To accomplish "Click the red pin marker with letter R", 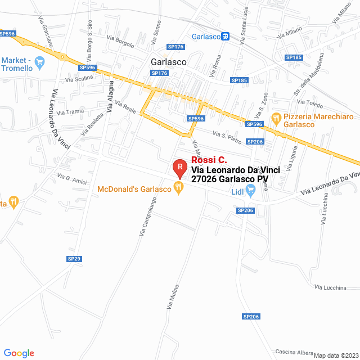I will coord(179,168).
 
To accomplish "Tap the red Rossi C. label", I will coord(209,160).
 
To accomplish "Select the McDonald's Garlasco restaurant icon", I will coord(179,189).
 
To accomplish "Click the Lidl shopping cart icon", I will coord(251,192).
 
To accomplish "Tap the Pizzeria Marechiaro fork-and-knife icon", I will coord(276,119).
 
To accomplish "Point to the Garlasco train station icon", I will coord(225,36).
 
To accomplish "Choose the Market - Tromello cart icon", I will coord(39,62).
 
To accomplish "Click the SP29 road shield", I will coord(74,259).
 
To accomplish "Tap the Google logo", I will coord(19,353).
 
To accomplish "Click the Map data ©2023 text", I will coord(336,355).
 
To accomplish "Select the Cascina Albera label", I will coord(294,352).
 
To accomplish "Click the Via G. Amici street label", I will coord(72,178).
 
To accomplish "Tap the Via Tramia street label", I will coord(70,111).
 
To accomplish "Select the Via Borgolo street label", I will coord(120,40).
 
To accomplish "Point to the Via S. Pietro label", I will coord(227,134).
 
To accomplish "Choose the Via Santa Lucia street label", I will coord(244,24).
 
